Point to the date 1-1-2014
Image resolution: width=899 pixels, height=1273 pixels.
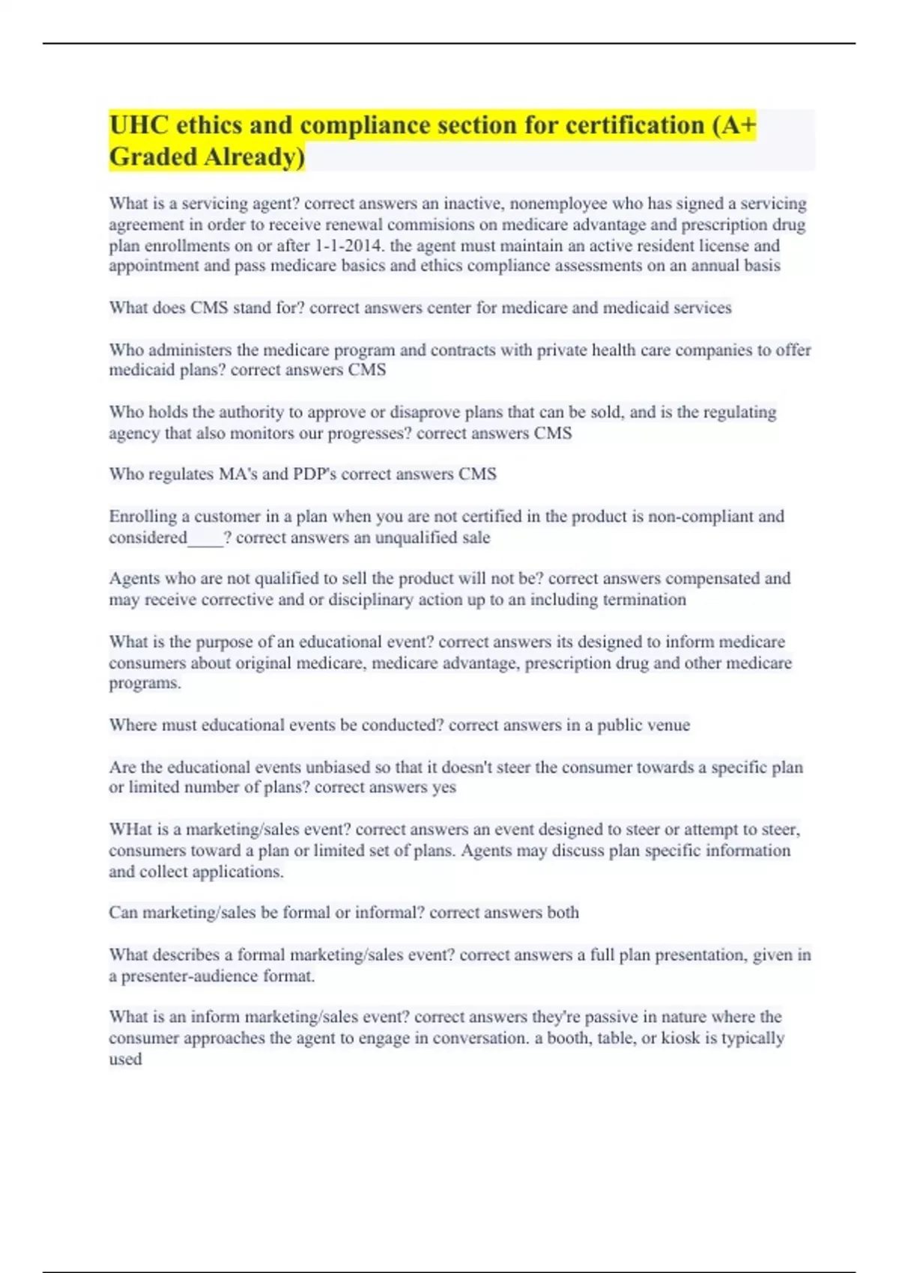coord(350,246)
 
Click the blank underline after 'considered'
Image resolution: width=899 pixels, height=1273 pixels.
coord(205,538)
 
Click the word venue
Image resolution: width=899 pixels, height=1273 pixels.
coord(668,725)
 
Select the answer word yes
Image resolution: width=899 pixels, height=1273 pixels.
coord(444,787)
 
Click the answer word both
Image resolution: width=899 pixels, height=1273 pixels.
coord(563,913)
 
